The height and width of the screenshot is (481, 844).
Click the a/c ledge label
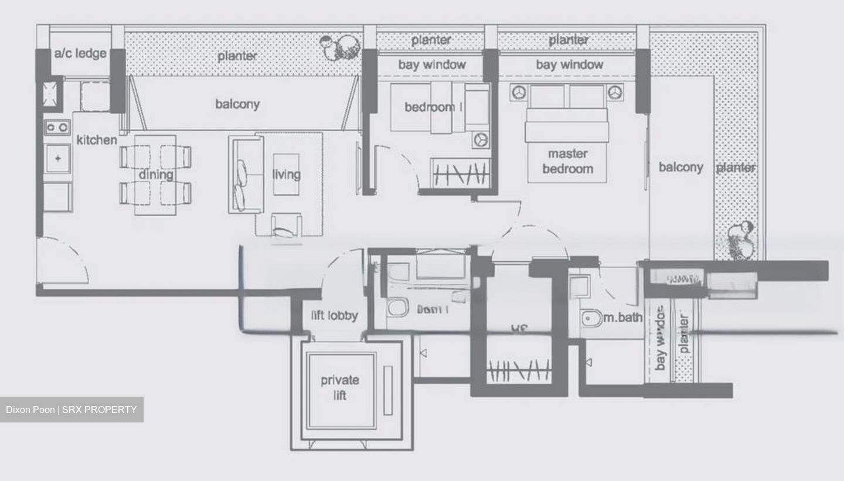(80, 53)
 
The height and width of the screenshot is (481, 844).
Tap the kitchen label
(97, 140)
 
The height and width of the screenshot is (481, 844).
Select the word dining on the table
(156, 174)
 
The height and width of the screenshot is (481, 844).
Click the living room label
(286, 174)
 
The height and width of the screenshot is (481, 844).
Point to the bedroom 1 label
(434, 107)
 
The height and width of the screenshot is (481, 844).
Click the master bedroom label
(567, 161)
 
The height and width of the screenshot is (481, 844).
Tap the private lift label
(340, 387)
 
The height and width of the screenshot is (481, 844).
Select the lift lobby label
(334, 316)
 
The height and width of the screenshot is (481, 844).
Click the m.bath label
(623, 318)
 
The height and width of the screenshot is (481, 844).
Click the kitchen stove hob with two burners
(57, 127)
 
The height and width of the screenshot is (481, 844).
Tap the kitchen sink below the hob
(58, 159)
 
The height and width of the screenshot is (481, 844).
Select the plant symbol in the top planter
(341, 46)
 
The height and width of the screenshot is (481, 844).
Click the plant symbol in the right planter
(740, 241)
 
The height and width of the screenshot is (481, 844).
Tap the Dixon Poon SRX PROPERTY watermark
(72, 410)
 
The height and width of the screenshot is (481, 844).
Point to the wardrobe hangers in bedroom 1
(460, 173)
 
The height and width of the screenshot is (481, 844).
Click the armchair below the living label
(286, 226)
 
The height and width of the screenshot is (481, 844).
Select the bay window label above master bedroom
(569, 64)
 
